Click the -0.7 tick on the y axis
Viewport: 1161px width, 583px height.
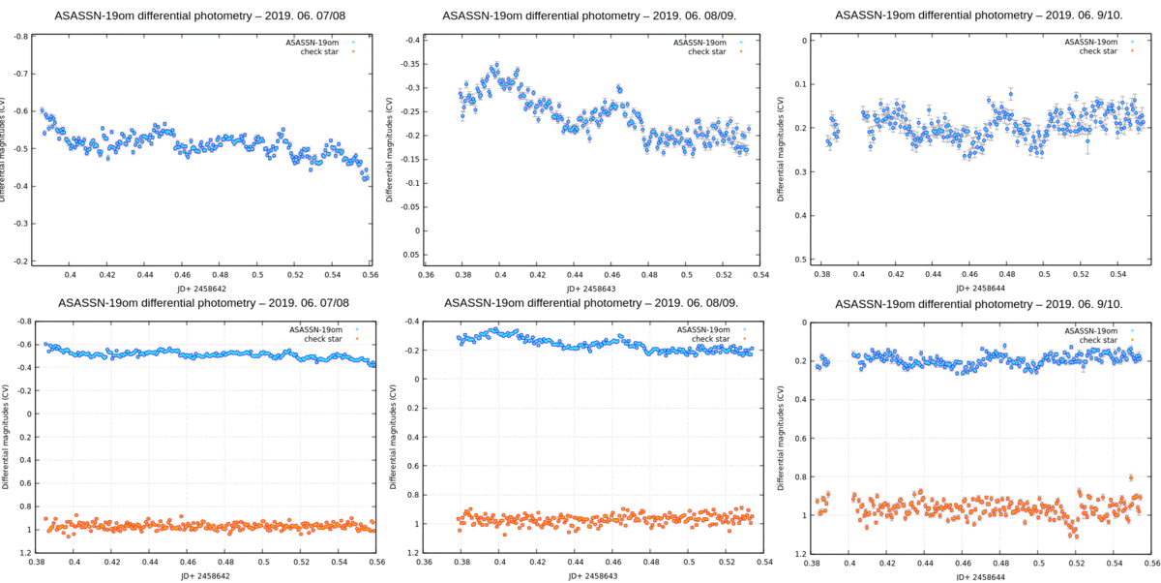18,74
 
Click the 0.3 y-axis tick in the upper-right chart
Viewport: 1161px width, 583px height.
801,172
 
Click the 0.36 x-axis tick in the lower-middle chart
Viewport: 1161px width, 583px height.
425,561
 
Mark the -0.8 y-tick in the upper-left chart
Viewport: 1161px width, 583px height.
18,37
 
